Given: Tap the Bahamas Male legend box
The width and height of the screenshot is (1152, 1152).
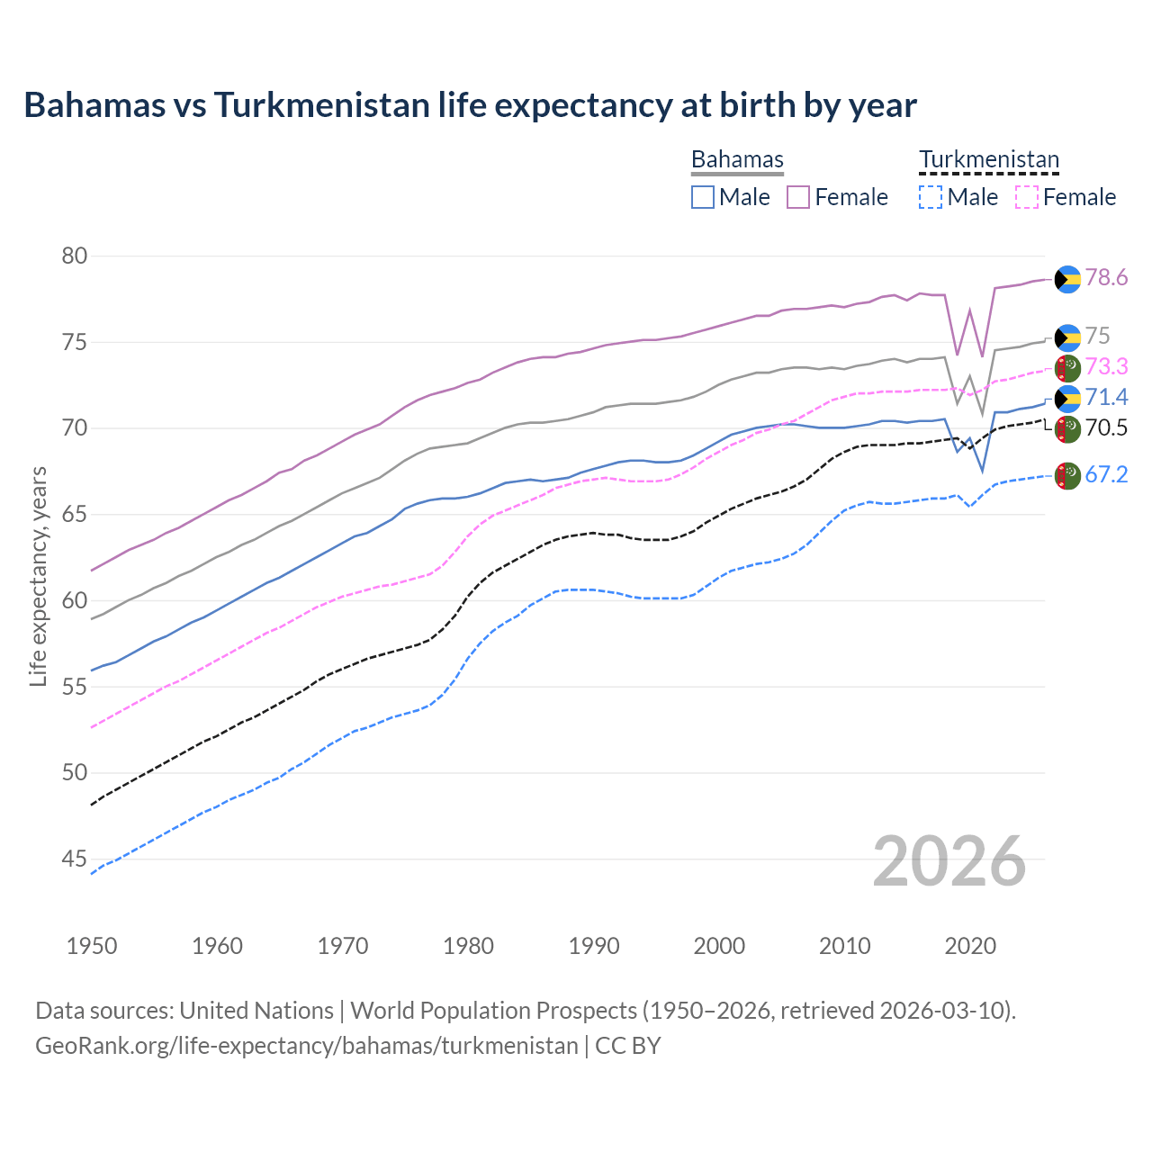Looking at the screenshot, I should tap(703, 197).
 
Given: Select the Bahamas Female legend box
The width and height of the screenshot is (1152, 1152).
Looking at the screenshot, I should tap(798, 197).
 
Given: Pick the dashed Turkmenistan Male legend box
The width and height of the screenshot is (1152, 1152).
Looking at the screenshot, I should tap(931, 197).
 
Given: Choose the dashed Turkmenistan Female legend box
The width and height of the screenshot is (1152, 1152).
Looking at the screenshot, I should tap(1027, 197).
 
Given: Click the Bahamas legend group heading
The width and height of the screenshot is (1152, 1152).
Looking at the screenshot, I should tap(737, 159).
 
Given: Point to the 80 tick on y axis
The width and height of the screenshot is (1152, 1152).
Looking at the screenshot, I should tap(75, 256).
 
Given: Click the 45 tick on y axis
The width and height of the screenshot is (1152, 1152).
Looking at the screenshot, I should tap(75, 859).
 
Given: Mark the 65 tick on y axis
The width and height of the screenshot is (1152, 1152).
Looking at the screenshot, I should tap(75, 515).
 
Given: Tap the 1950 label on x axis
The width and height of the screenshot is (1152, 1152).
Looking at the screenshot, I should tap(92, 946).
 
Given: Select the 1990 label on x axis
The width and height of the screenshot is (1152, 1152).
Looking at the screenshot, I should tap(594, 946).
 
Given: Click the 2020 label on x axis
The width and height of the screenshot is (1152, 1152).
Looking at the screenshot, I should tap(970, 946).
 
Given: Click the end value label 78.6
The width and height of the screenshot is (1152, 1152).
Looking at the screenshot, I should tap(1106, 278).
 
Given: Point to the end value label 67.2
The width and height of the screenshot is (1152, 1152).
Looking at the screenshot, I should tap(1106, 475).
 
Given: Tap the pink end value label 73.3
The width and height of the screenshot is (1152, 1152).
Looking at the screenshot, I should tap(1106, 366).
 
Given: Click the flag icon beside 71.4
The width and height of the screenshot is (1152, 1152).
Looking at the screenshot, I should tap(1067, 398).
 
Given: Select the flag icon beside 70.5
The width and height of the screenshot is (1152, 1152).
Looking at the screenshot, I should tap(1067, 428).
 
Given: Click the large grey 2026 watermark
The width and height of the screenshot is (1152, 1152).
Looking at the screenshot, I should tap(949, 861).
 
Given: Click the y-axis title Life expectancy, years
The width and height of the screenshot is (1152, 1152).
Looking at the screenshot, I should tap(38, 577).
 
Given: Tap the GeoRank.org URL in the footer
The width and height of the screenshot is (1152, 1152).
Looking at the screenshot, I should tap(306, 1046).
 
